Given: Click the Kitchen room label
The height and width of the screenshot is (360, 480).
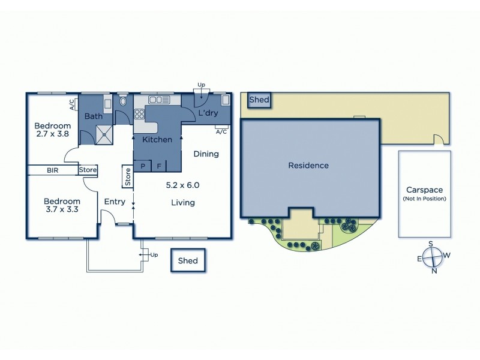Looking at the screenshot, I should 157,140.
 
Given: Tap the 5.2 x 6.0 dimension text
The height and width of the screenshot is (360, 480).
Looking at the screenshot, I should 182,185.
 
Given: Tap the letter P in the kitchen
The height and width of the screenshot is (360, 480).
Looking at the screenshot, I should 143,166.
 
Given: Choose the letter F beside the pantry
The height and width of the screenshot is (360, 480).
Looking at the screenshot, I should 160,166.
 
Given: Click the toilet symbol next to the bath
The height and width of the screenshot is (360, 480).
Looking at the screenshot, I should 124,101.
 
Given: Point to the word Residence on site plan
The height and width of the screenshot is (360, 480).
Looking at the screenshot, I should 308,166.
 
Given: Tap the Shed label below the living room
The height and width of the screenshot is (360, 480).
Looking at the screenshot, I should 187,261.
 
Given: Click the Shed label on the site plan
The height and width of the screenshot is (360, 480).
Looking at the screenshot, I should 259,100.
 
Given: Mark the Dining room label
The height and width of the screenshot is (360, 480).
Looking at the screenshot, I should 206,154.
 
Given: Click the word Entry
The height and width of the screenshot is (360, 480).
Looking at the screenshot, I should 115,202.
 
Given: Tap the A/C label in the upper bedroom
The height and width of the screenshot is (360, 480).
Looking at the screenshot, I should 73,106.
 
